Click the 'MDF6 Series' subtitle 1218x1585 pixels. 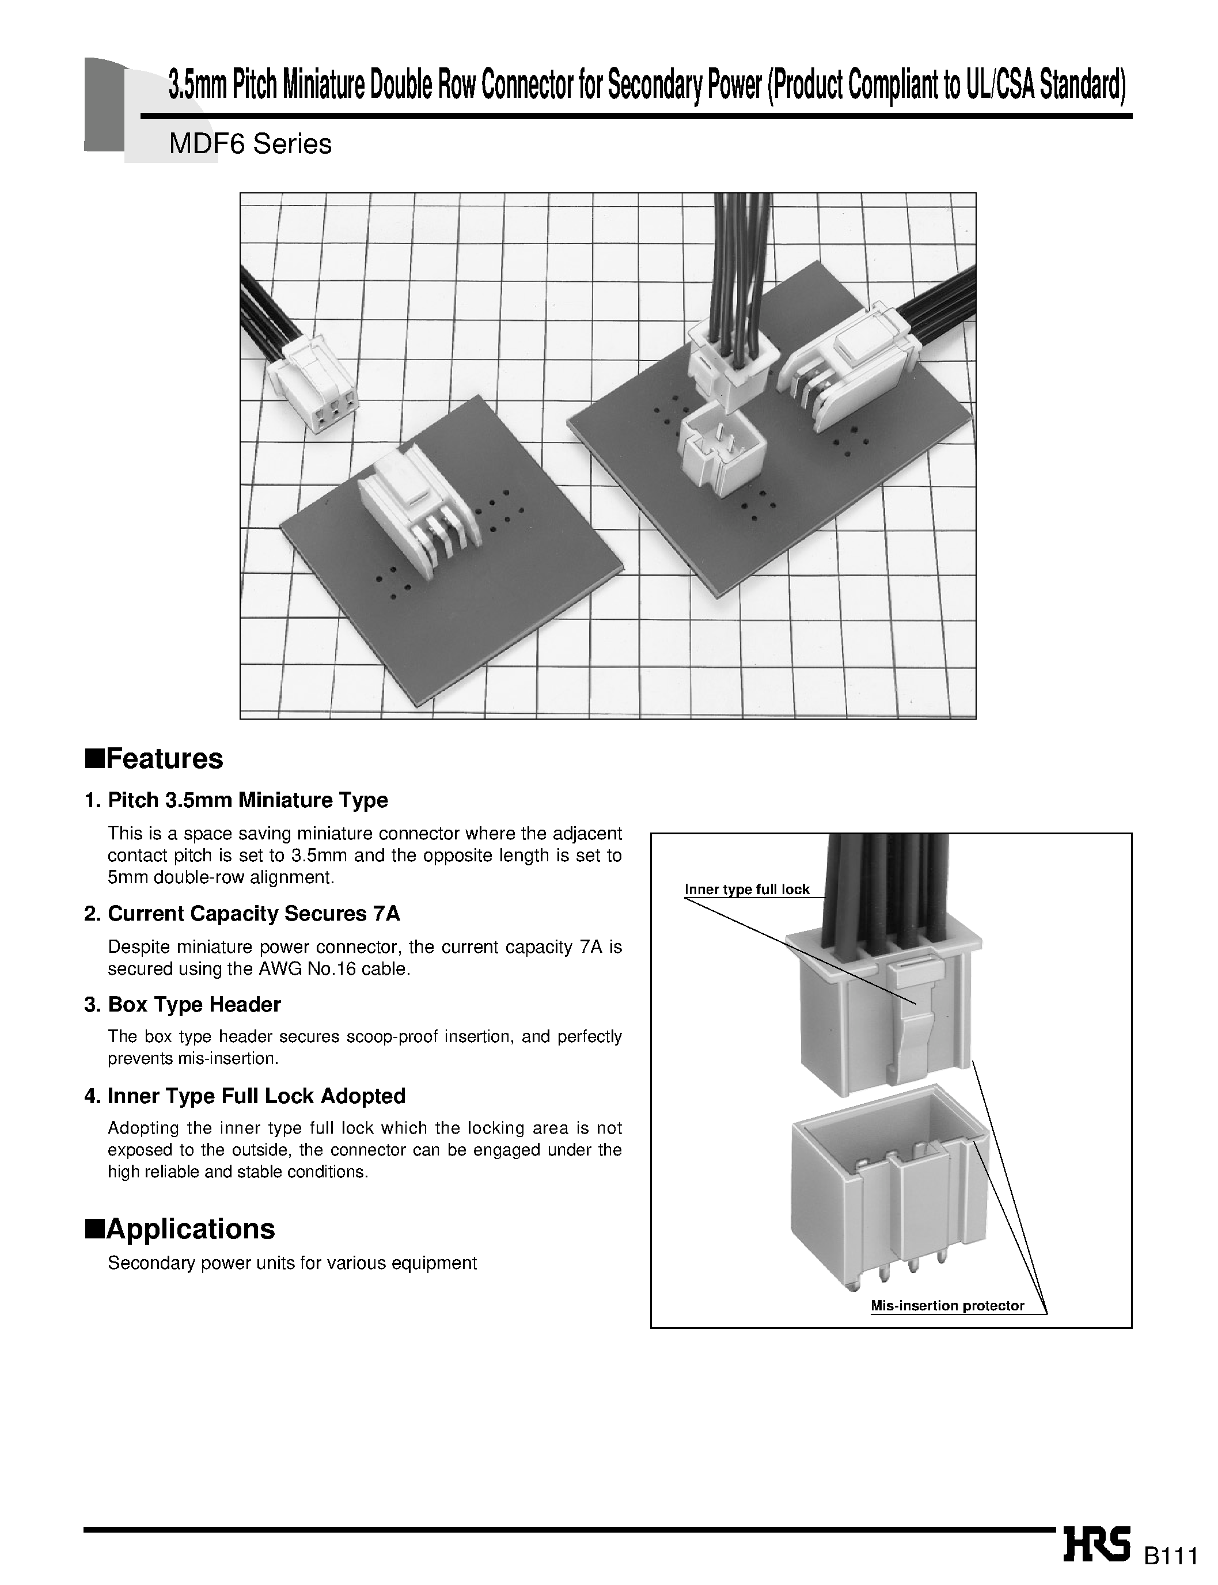(250, 145)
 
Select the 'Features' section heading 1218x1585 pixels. (154, 759)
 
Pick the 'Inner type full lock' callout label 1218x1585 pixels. (747, 890)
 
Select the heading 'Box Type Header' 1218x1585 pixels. (193, 1005)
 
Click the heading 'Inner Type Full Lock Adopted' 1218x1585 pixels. (256, 1096)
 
